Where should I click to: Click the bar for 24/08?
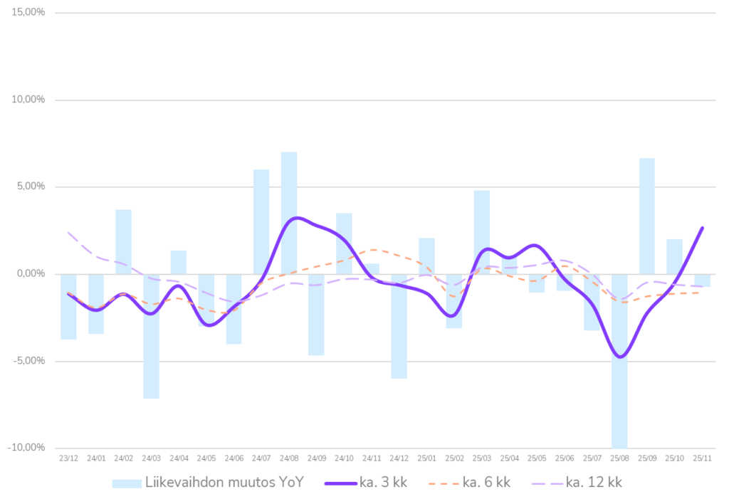click(x=289, y=212)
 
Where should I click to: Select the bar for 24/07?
click(x=261, y=221)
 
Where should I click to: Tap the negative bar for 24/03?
click(x=151, y=336)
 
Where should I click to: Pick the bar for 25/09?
click(x=647, y=216)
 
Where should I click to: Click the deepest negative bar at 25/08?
click(x=619, y=360)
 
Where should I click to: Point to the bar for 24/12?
click(x=399, y=327)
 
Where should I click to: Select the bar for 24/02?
click(x=124, y=241)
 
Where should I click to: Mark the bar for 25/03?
click(x=482, y=231)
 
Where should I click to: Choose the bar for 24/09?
click(x=317, y=315)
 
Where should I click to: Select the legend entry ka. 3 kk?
click(x=366, y=483)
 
